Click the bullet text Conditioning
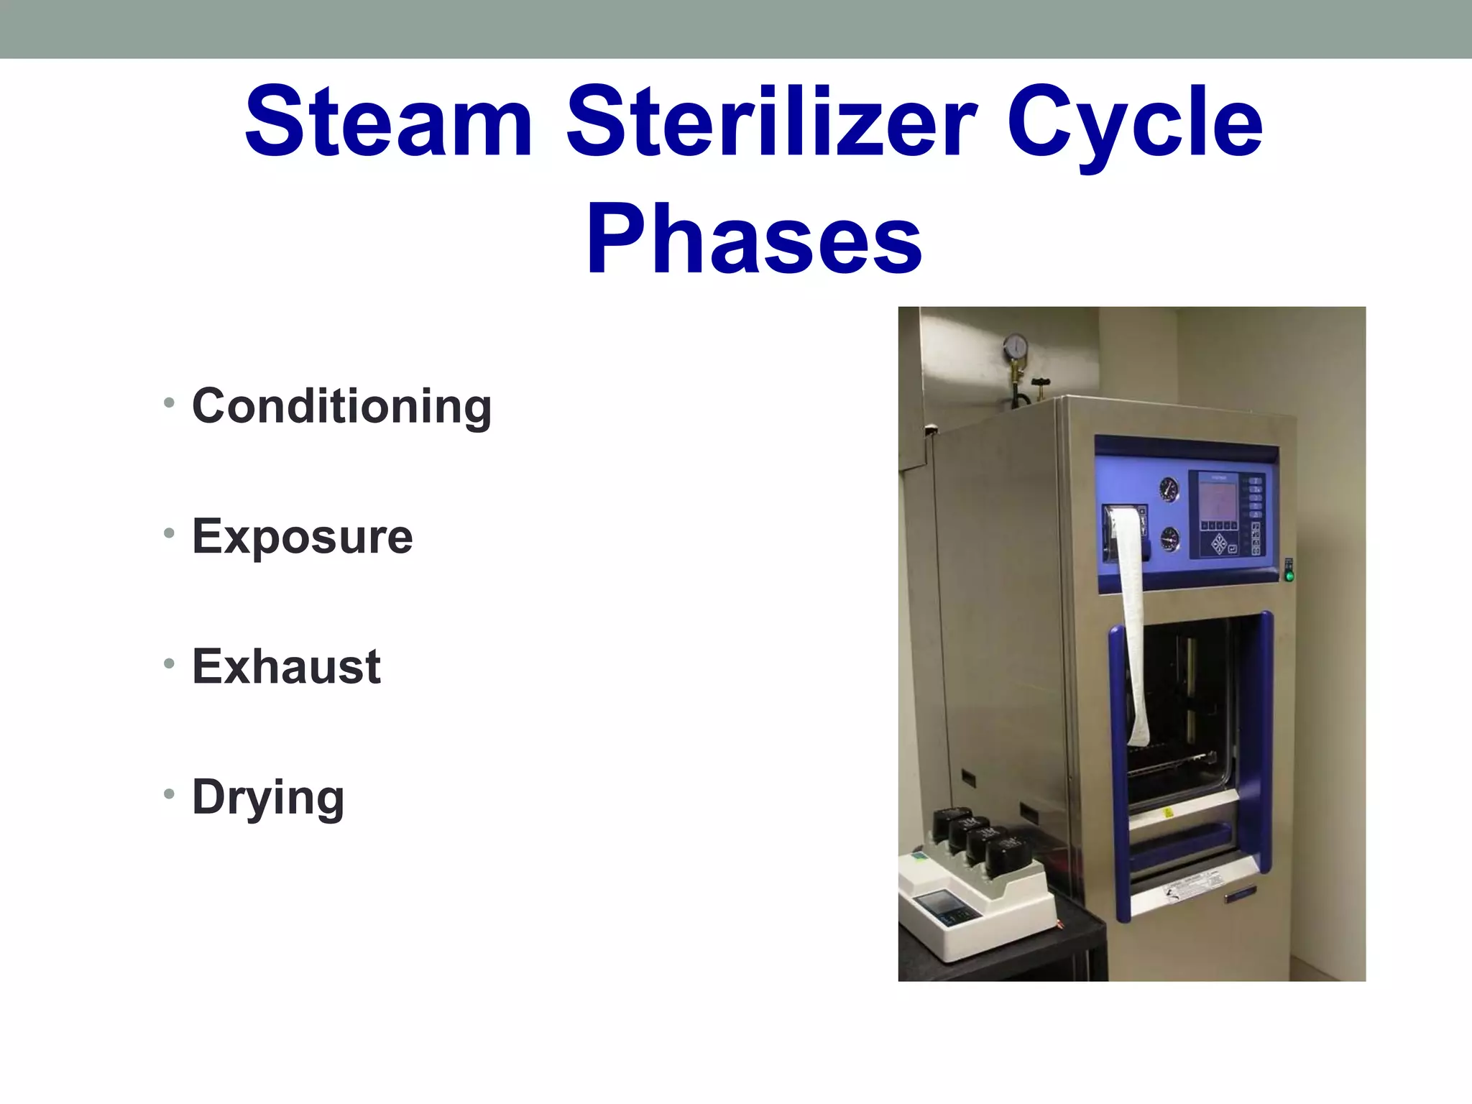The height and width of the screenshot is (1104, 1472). tap(341, 407)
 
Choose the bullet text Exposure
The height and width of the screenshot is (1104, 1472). tap(302, 537)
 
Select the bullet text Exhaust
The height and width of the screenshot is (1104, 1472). tap(286, 667)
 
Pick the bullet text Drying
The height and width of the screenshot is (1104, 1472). tap(268, 798)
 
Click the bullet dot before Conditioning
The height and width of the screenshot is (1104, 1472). tap(169, 402)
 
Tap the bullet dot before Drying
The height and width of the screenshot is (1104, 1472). tap(169, 794)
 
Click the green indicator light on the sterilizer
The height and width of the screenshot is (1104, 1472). tap(1289, 576)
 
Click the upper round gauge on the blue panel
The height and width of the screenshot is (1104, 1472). tap(1169, 490)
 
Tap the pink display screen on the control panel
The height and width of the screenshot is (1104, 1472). tap(1218, 501)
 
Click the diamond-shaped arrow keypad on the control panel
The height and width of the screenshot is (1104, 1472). tap(1220, 544)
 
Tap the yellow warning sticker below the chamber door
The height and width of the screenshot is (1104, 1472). tap(1168, 812)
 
